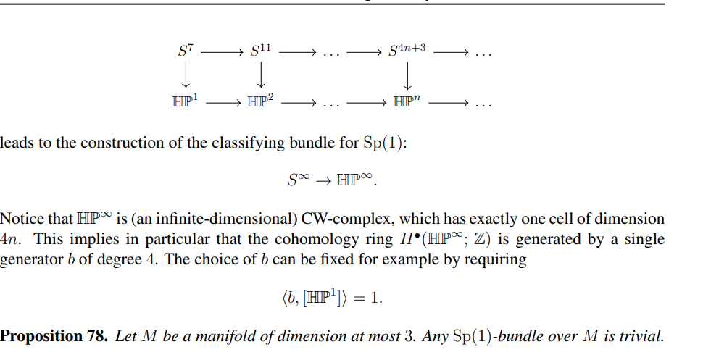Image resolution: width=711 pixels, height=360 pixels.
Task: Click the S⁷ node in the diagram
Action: [x=186, y=51]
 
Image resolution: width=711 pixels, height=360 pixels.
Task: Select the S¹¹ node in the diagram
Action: [x=260, y=51]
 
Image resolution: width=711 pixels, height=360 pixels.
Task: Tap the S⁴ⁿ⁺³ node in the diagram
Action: [x=407, y=51]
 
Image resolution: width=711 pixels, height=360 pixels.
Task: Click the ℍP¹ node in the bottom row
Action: [x=186, y=102]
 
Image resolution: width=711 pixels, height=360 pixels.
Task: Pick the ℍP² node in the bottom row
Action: [x=261, y=102]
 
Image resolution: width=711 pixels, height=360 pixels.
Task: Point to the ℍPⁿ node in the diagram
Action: [x=407, y=102]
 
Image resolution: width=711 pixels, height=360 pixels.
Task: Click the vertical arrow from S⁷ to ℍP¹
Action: [x=186, y=76]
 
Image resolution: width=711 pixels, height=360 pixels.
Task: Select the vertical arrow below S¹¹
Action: [x=261, y=76]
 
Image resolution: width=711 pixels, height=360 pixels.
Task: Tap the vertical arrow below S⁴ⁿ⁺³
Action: [x=407, y=76]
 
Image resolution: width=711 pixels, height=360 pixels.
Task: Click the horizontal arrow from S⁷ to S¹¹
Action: [x=221, y=52]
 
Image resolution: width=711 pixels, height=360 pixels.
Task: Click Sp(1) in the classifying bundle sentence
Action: [x=382, y=143]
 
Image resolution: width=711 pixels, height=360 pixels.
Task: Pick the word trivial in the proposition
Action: [x=644, y=336]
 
